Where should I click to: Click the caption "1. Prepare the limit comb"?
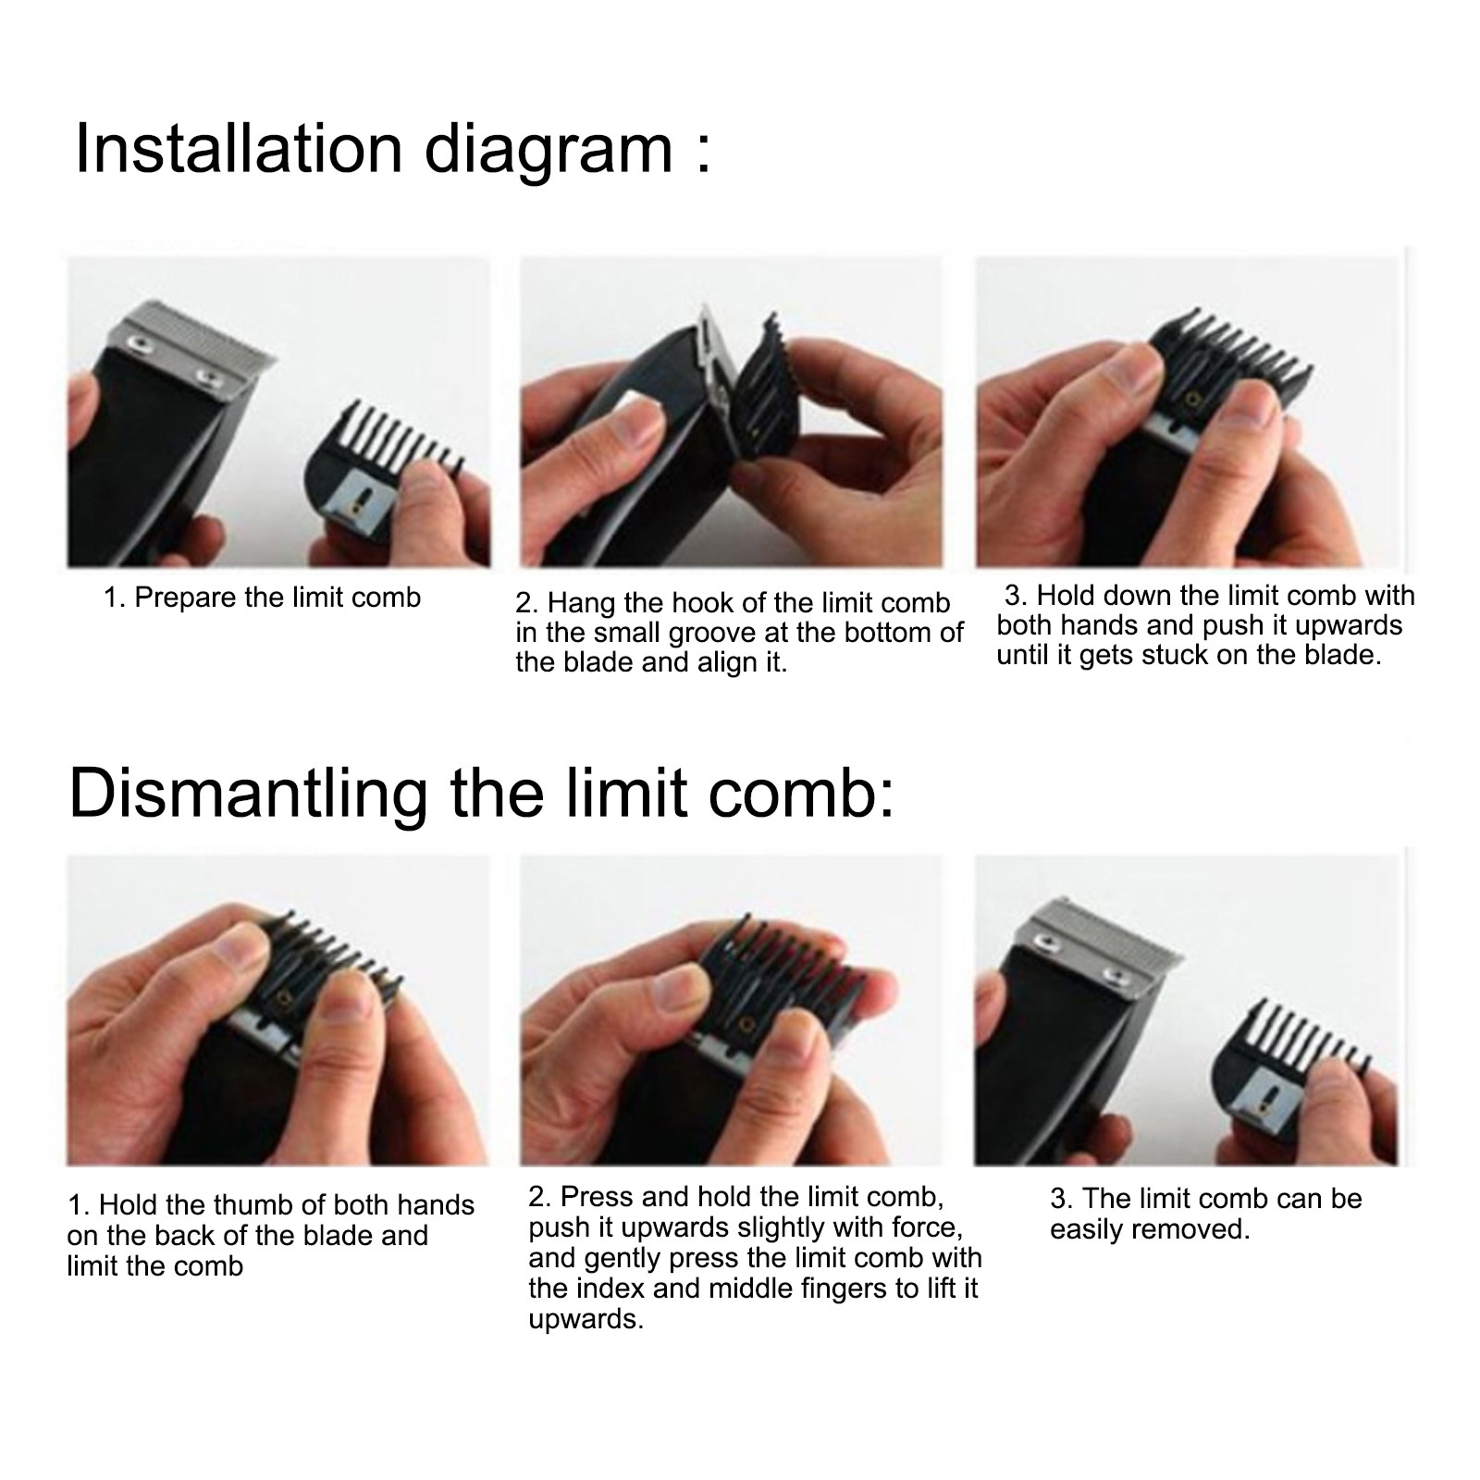point(262,598)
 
